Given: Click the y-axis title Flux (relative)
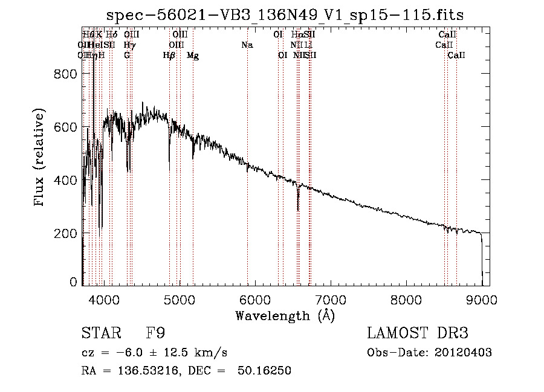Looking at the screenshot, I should [x=40, y=158].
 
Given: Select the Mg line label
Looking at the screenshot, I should [x=193, y=56].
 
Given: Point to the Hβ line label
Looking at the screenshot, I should [x=169, y=56].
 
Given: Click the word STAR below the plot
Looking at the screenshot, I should [x=98, y=333].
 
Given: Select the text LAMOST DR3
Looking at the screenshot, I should [x=418, y=333].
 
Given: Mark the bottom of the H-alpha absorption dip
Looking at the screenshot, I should [x=298, y=210].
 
